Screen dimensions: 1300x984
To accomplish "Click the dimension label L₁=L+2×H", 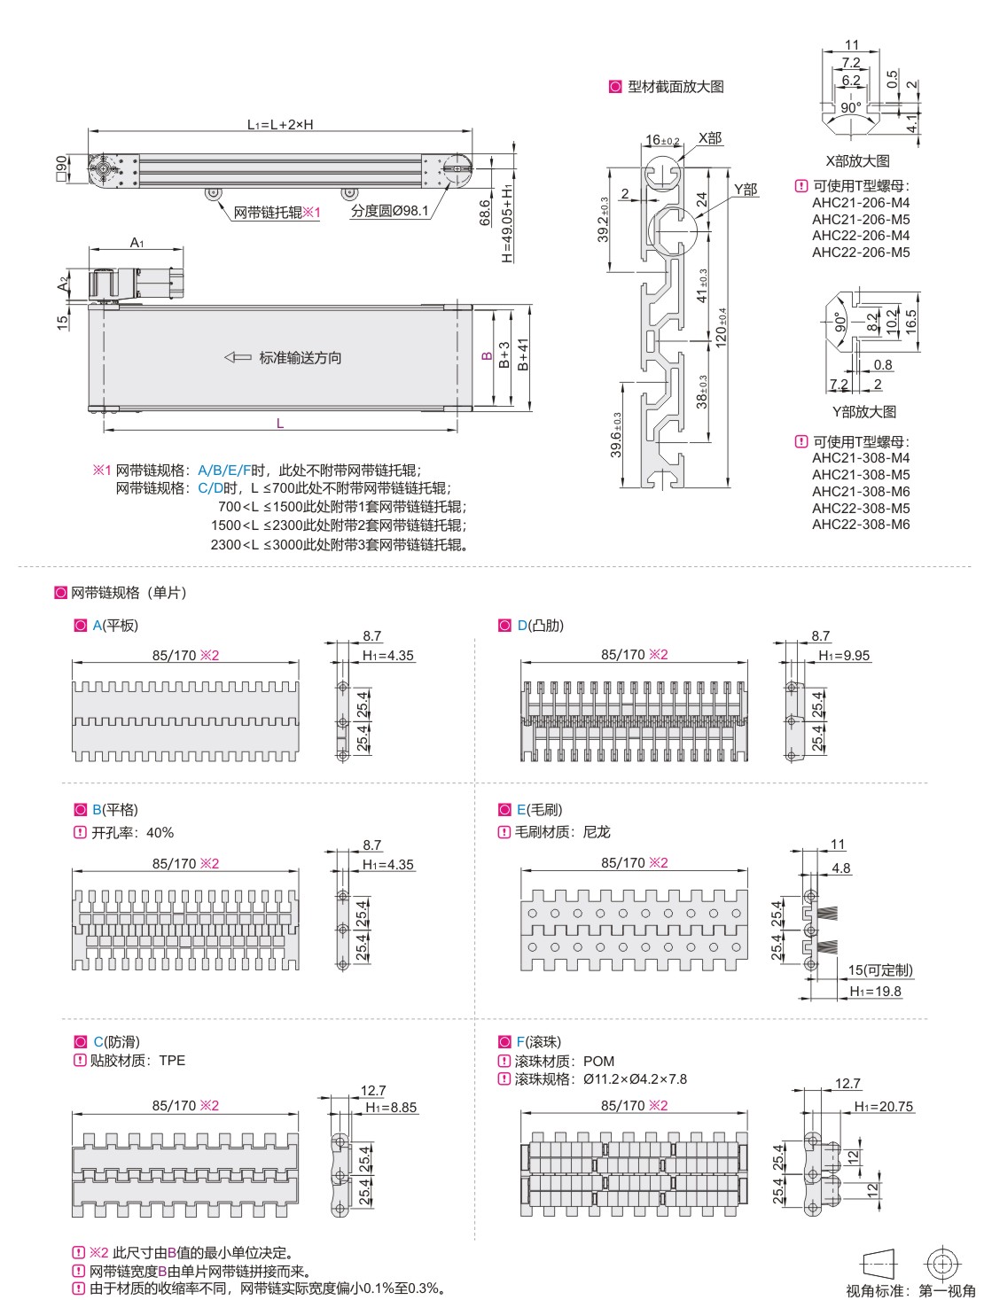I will click(280, 125).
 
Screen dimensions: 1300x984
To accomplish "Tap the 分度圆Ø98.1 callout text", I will click(389, 211).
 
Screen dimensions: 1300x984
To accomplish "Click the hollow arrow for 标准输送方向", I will click(238, 357).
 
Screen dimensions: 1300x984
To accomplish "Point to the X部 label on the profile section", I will click(710, 138).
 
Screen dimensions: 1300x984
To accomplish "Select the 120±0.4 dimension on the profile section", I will click(722, 327).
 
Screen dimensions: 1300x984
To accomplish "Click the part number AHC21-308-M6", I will click(860, 491).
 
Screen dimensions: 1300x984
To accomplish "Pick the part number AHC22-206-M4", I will click(860, 236).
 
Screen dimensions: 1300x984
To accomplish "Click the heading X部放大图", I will click(857, 161).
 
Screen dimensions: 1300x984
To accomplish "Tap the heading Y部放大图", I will click(863, 412).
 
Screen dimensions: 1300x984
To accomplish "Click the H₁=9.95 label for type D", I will click(844, 656).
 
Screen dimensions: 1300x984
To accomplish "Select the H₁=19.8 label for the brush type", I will click(875, 992).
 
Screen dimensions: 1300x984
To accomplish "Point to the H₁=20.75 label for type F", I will click(883, 1107).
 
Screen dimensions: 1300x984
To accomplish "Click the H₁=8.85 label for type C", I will click(391, 1108).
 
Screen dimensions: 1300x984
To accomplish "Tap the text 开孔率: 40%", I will click(132, 833).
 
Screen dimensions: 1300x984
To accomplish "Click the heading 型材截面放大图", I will click(676, 87).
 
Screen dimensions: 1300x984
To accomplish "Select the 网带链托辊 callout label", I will click(268, 213).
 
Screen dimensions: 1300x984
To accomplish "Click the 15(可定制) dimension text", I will click(879, 970).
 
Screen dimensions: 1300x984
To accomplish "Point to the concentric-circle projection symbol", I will click(942, 1264).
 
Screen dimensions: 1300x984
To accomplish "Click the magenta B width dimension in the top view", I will click(487, 355).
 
